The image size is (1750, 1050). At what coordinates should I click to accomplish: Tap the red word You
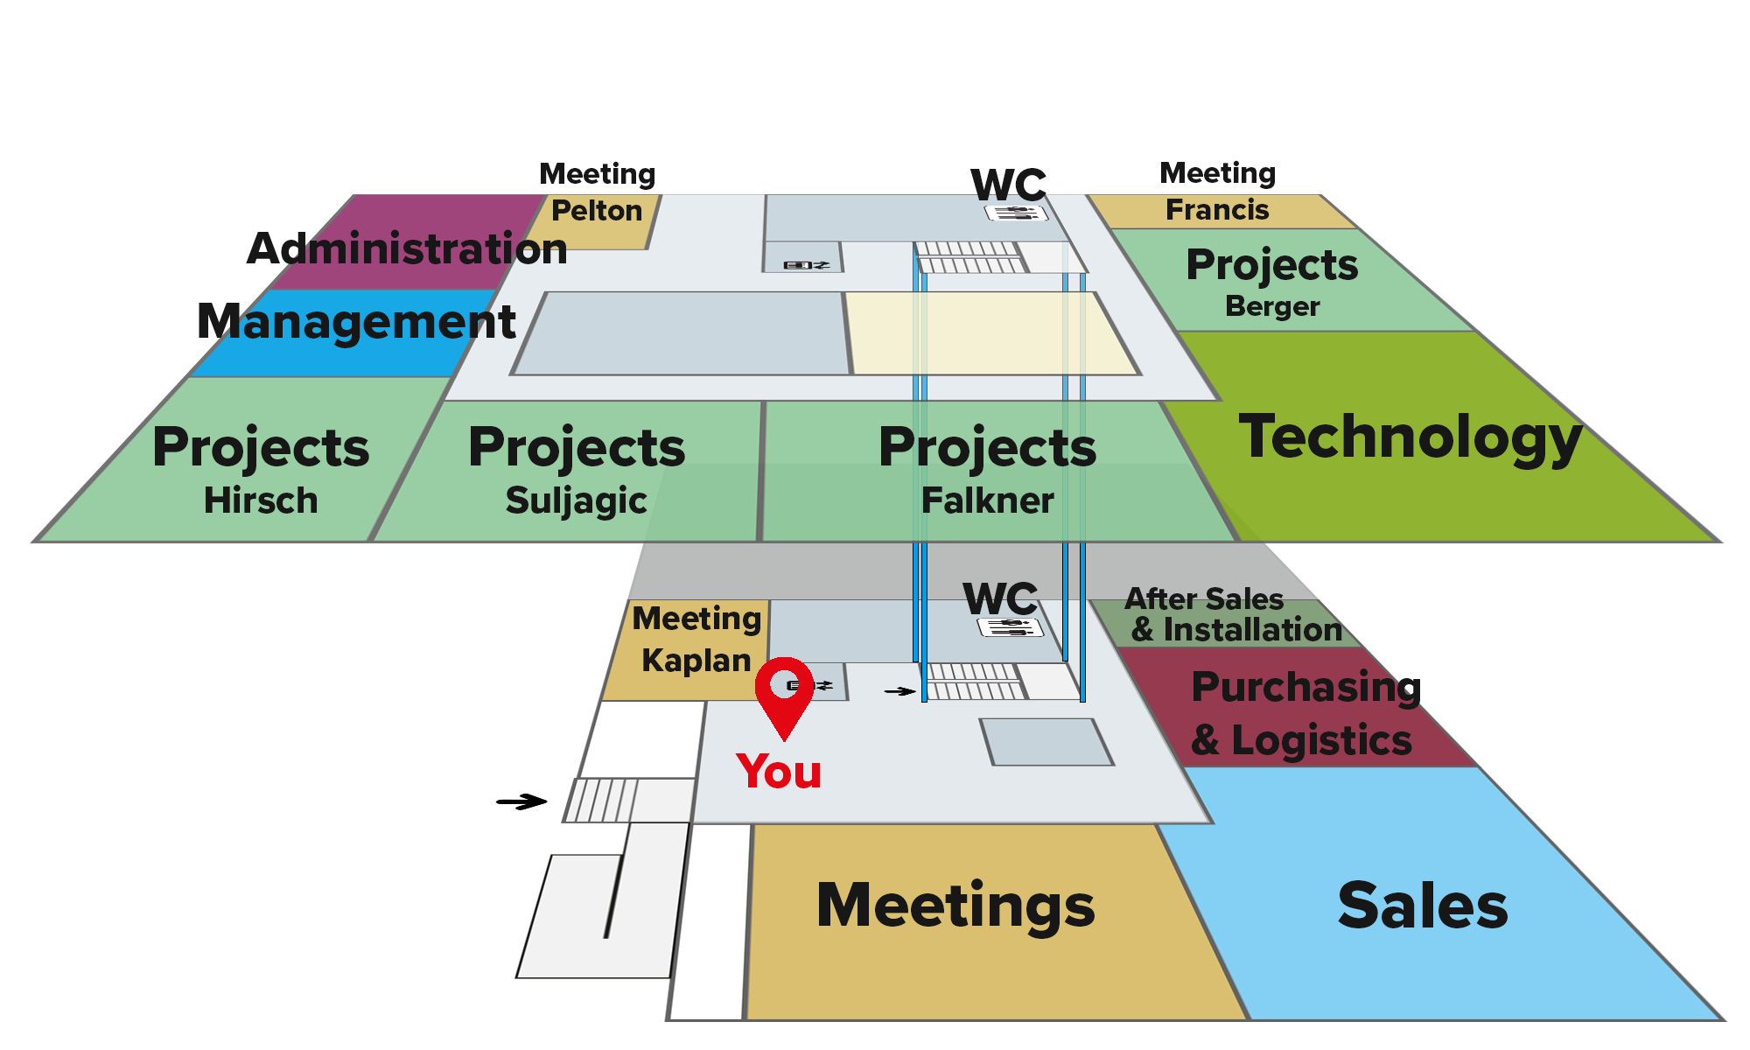click(779, 772)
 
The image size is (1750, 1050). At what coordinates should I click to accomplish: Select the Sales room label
click(1423, 906)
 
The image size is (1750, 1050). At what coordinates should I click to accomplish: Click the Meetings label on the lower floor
click(955, 905)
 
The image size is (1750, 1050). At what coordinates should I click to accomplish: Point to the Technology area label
click(1410, 437)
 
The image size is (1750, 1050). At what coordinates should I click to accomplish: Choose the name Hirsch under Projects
click(261, 500)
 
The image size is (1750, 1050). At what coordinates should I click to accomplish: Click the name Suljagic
click(576, 500)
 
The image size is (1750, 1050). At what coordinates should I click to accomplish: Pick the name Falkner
click(987, 500)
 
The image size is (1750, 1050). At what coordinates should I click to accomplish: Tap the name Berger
click(1272, 306)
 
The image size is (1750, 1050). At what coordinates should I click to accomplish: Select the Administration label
click(409, 249)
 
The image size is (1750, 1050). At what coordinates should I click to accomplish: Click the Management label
click(357, 322)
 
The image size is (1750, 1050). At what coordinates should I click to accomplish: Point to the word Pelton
click(597, 211)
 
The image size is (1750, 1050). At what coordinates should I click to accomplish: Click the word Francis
click(1217, 210)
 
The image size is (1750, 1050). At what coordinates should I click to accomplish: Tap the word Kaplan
click(696, 661)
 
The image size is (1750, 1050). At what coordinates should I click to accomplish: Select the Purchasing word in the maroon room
click(1305, 687)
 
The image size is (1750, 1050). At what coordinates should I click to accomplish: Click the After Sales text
click(1204, 599)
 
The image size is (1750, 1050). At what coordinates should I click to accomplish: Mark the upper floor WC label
click(1008, 185)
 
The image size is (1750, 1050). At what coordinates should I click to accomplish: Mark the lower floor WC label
click(1000, 599)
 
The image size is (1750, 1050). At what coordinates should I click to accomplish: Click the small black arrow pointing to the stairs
click(899, 691)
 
